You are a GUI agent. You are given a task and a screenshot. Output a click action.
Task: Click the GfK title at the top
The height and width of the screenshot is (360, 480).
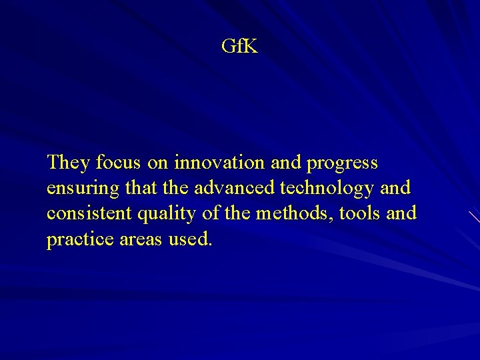[239, 47]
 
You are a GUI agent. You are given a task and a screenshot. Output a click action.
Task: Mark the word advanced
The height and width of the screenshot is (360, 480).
[234, 188]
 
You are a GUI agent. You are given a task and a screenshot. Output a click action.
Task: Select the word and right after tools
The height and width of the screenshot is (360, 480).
[401, 213]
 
